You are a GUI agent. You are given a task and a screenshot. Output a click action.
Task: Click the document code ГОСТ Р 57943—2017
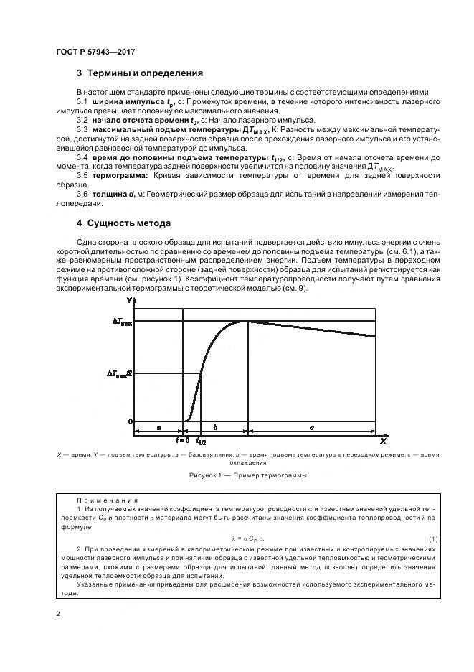point(95,52)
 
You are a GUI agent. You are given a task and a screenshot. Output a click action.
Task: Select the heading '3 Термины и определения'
point(139,73)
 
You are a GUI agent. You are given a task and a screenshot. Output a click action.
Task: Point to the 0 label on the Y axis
point(131,421)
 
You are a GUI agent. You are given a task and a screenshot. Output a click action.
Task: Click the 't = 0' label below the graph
point(182,439)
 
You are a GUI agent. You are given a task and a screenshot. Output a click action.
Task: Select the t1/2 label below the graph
point(202,442)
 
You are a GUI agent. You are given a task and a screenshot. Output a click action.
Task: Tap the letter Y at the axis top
point(128,299)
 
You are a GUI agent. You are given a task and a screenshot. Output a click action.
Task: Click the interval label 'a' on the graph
point(158,427)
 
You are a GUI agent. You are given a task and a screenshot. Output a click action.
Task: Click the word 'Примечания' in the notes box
point(107,500)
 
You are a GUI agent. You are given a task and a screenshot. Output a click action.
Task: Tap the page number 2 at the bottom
point(58,614)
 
